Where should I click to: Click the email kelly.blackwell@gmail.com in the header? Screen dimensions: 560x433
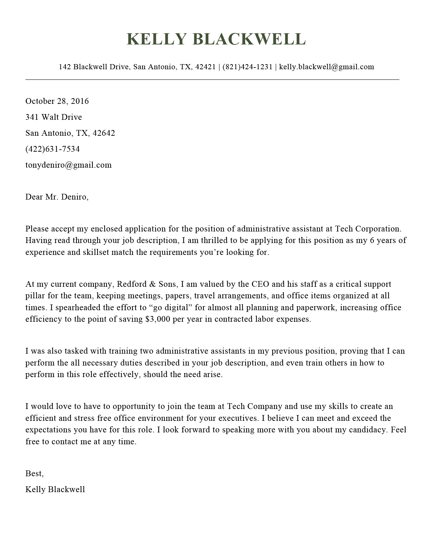(x=326, y=67)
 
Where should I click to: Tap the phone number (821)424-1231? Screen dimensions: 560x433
(x=247, y=67)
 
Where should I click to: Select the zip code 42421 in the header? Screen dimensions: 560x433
(x=205, y=67)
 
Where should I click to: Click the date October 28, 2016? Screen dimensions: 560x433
(x=57, y=101)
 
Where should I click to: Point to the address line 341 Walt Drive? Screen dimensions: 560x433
(x=54, y=117)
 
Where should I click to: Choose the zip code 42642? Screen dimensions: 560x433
(x=104, y=133)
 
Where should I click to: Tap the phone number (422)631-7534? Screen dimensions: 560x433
(x=53, y=149)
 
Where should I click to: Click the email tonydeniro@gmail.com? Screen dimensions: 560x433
(x=69, y=165)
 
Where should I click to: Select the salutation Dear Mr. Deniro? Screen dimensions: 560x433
(x=57, y=197)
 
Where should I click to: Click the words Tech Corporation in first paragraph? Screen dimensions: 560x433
(x=368, y=229)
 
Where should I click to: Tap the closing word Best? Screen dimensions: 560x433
(x=34, y=473)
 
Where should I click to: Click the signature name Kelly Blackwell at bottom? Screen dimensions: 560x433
(x=55, y=489)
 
